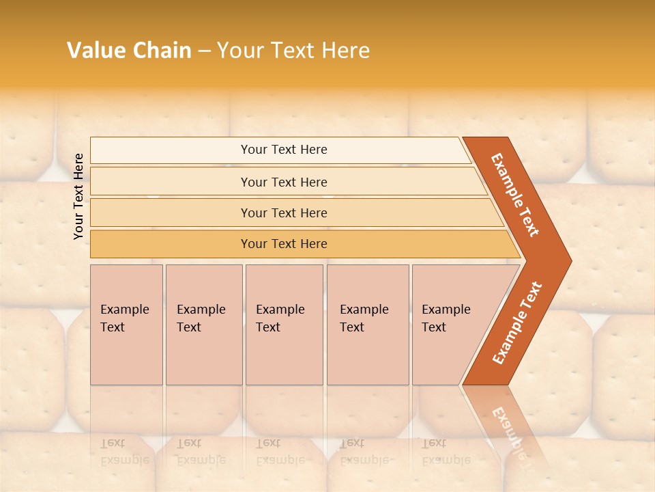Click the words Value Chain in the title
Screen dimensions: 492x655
129,51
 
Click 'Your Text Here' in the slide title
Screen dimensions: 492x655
293,51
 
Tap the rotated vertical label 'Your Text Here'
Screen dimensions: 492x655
78,196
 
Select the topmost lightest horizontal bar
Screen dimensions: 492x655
284,150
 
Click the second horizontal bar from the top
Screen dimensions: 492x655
284,182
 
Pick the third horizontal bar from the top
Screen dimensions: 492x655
284,213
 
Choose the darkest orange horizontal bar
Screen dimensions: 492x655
284,244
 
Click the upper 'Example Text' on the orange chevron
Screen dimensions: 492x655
515,195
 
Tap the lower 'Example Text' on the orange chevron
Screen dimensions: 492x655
517,323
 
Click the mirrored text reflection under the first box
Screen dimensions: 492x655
124,452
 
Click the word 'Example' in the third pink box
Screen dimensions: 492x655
280,310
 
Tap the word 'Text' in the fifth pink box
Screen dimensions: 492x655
433,327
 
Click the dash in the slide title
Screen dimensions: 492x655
204,51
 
